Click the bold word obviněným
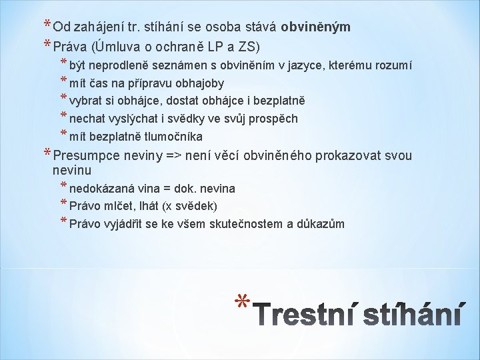(315, 27)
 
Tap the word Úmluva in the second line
(116, 47)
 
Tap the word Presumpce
(86, 156)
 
